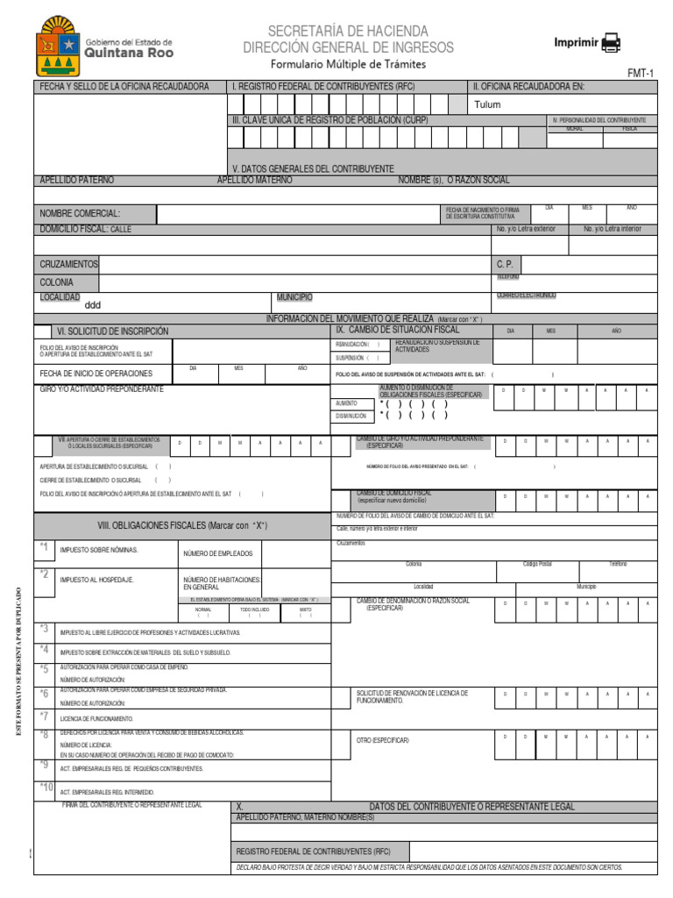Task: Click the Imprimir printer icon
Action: [x=611, y=43]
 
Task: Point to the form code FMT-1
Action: [x=641, y=74]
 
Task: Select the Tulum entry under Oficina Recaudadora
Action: [x=487, y=104]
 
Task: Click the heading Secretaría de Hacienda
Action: [x=348, y=31]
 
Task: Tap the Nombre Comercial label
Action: [x=80, y=213]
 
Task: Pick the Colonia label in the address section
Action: [x=57, y=282]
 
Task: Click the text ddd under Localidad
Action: [x=93, y=306]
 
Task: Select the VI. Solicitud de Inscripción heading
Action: [x=112, y=331]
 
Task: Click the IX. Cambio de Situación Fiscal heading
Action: [x=397, y=330]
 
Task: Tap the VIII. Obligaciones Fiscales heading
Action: [x=181, y=525]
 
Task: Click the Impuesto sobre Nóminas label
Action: [x=99, y=551]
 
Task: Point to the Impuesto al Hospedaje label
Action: [x=96, y=580]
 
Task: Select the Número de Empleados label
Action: [x=217, y=553]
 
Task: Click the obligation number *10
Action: [x=46, y=787]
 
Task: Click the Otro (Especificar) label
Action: [x=382, y=740]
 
